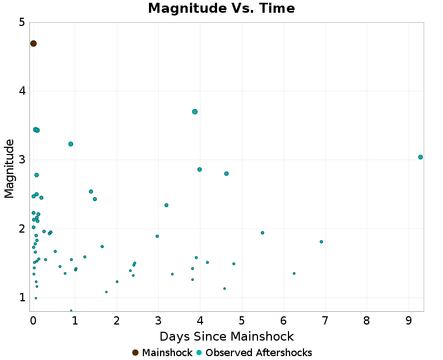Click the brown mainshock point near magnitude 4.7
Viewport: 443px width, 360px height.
pyautogui.click(x=33, y=44)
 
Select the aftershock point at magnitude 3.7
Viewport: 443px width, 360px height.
pyautogui.click(x=195, y=112)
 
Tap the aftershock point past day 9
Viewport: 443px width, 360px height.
pyautogui.click(x=420, y=157)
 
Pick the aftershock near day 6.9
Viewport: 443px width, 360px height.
pyautogui.click(x=321, y=241)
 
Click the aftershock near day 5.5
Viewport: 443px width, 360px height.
pyautogui.click(x=262, y=233)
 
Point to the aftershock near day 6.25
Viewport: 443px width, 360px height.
pyautogui.click(x=294, y=273)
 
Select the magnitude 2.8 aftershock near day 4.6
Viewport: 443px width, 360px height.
pyautogui.click(x=226, y=174)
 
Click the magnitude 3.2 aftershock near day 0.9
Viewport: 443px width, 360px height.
pyautogui.click(x=71, y=144)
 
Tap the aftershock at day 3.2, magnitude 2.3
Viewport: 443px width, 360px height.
pyautogui.click(x=166, y=205)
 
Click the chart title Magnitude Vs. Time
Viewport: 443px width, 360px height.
pyautogui.click(x=221, y=9)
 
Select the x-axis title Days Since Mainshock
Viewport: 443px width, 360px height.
pyautogui.click(x=226, y=337)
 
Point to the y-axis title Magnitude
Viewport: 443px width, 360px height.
pyautogui.click(x=9, y=168)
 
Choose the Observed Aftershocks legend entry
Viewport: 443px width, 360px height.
pyautogui.click(x=254, y=353)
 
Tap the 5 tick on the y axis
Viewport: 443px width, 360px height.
pyautogui.click(x=22, y=22)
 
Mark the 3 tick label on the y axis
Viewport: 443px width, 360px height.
pyautogui.click(x=22, y=160)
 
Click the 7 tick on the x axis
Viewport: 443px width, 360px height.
pyautogui.click(x=325, y=321)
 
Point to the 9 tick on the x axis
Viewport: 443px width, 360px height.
pyautogui.click(x=409, y=321)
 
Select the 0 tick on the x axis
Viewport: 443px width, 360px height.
pyautogui.click(x=33, y=321)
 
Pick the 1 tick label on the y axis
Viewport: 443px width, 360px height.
pyautogui.click(x=22, y=297)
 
